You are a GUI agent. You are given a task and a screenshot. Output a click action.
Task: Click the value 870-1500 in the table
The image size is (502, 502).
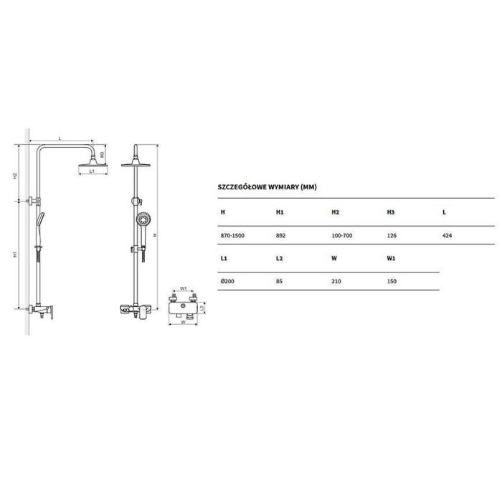pyautogui.click(x=232, y=236)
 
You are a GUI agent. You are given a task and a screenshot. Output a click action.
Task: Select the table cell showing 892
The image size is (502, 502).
pyautogui.click(x=280, y=236)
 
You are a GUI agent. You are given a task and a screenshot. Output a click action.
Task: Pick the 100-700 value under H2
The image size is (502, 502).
pyautogui.click(x=342, y=236)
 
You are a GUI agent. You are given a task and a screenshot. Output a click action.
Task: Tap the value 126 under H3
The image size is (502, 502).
pyautogui.click(x=392, y=236)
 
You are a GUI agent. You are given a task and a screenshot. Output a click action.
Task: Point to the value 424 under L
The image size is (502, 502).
pyautogui.click(x=447, y=236)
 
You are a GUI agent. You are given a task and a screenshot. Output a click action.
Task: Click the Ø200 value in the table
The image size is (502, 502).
pyautogui.click(x=227, y=281)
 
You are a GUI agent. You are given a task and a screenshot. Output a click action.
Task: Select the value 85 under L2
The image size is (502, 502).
pyautogui.click(x=279, y=281)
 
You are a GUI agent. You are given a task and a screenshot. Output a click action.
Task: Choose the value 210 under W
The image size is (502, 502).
pyautogui.click(x=336, y=281)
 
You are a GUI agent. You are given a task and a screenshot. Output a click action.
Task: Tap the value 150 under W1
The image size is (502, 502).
pyautogui.click(x=392, y=281)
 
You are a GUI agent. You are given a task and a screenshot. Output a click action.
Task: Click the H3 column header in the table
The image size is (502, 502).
pyautogui.click(x=391, y=212)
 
